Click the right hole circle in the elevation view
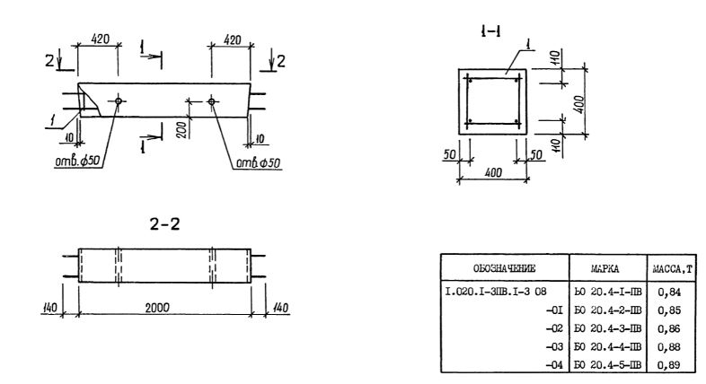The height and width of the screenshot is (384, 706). tap(212, 101)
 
